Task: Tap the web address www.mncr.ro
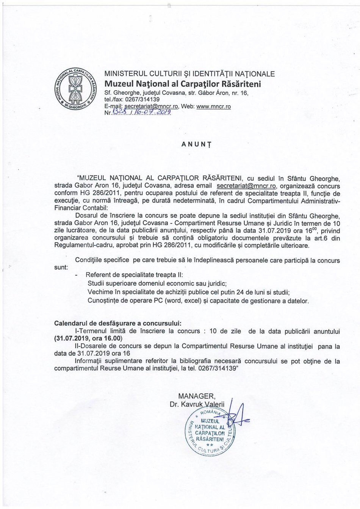(x=214, y=107)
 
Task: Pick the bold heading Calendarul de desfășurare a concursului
(x=118, y=324)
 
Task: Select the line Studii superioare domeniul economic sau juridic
(x=157, y=283)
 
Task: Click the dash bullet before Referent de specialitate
(x=77, y=275)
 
